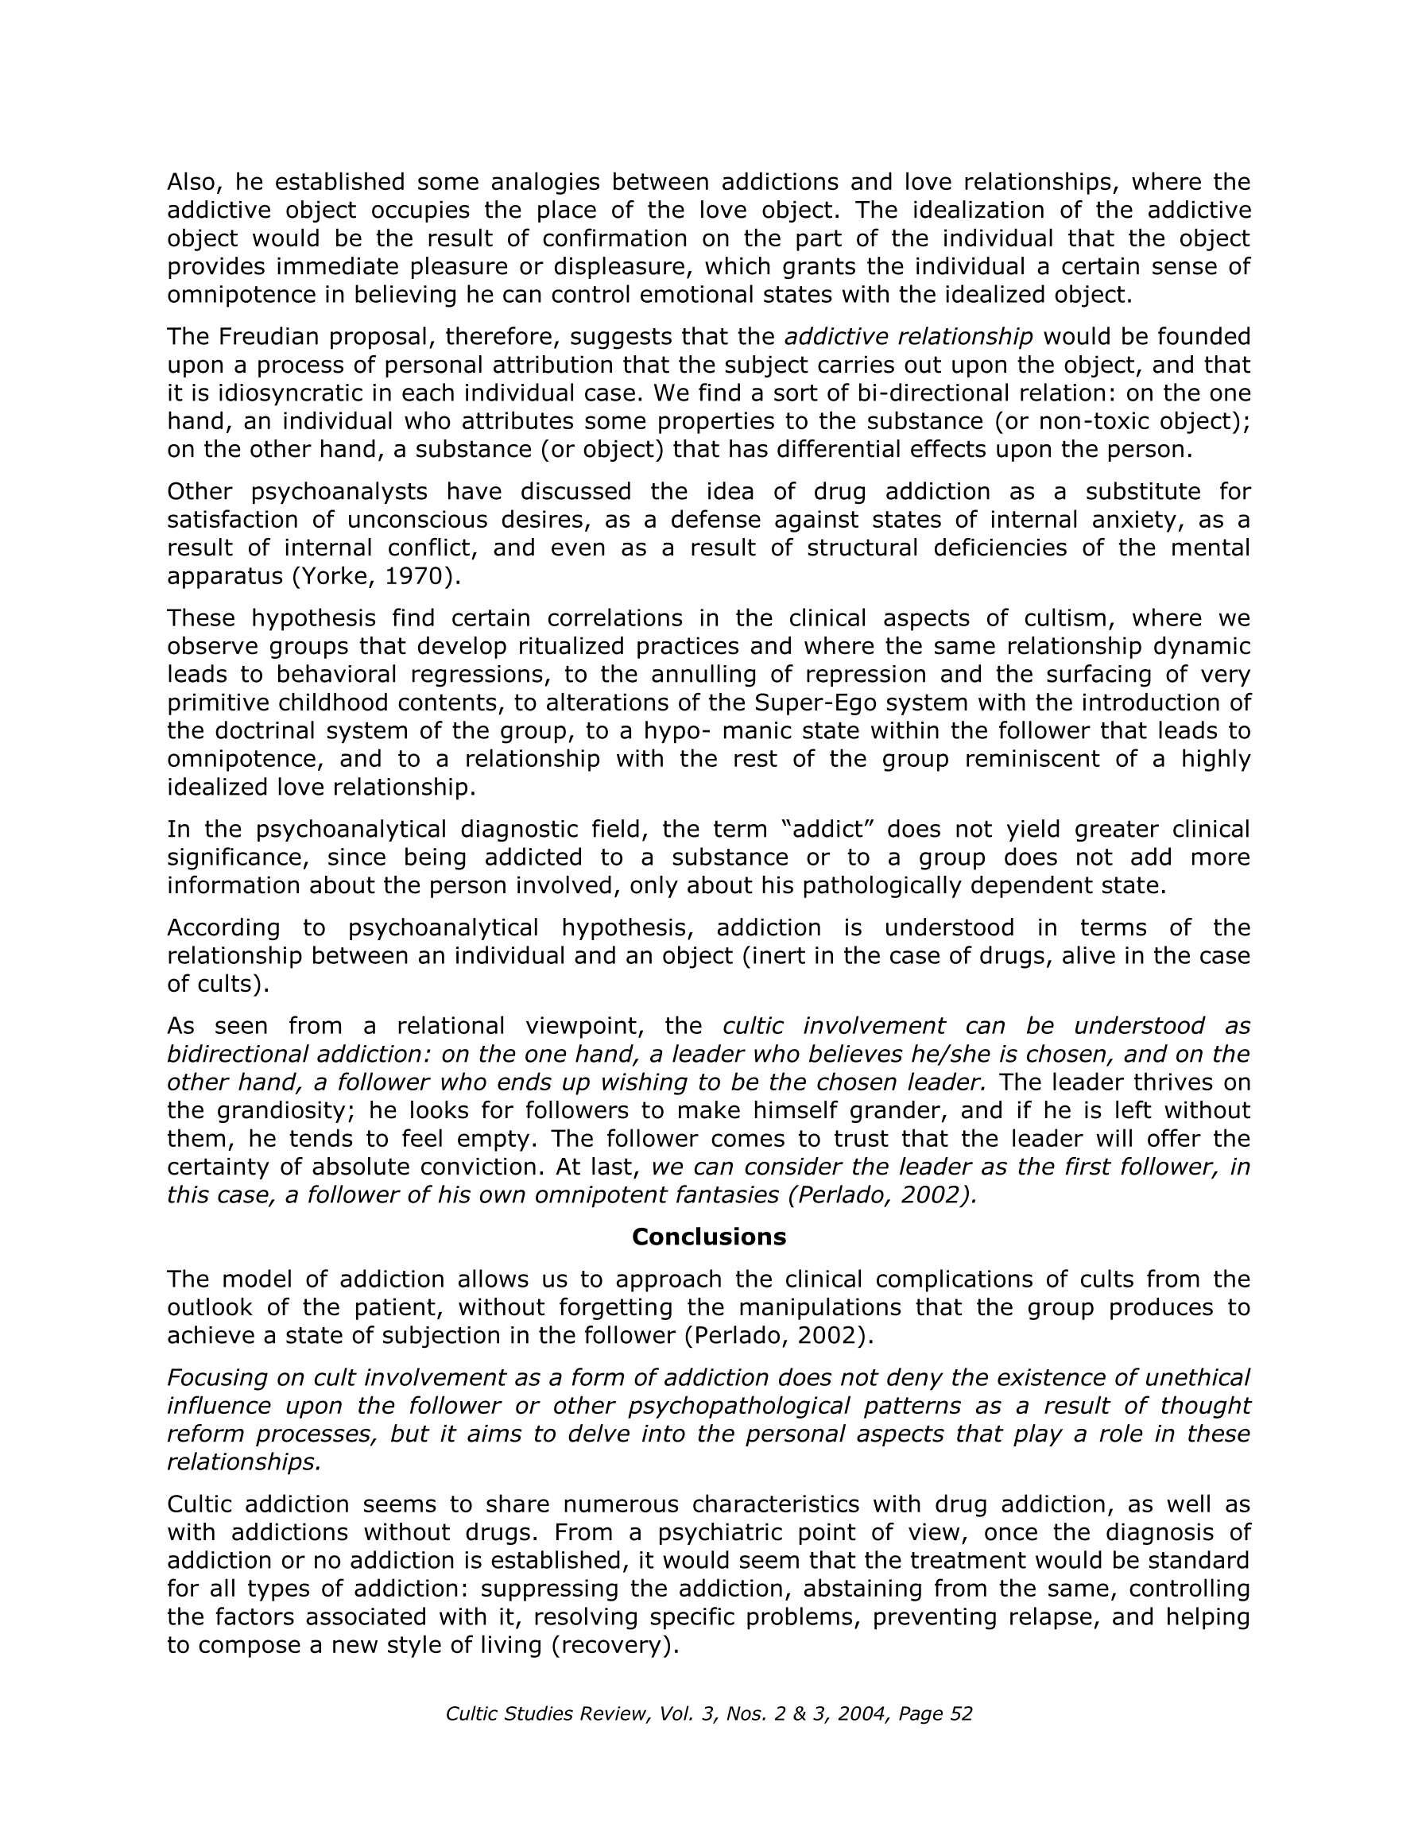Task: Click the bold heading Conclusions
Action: pos(708,1237)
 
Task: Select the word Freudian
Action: pos(268,337)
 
